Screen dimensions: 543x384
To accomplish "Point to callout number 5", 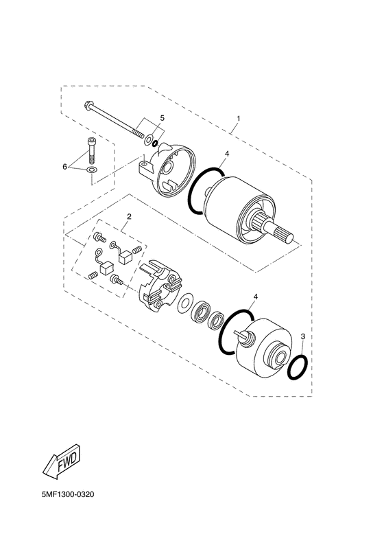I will (x=163, y=119).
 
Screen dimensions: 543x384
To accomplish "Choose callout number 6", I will (x=66, y=166).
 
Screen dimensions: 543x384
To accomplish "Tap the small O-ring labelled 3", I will (x=297, y=367).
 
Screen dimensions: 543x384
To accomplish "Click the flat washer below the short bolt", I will (x=92, y=170).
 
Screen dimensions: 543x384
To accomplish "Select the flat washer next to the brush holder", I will (x=184, y=303).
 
